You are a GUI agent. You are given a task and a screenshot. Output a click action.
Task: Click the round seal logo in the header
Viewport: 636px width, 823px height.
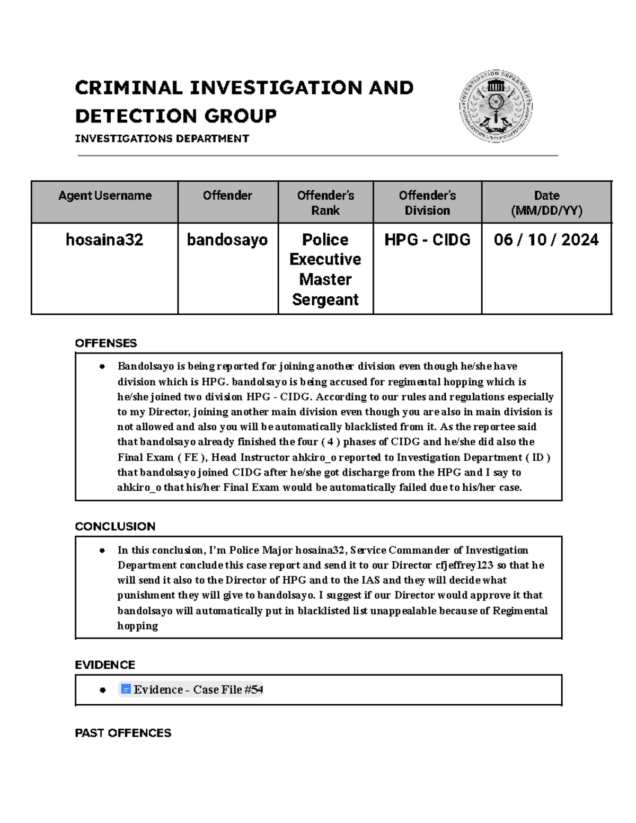496,107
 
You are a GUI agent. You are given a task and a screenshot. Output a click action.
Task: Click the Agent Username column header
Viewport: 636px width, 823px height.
105,196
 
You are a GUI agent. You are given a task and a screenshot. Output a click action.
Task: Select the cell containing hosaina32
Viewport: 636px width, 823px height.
104,240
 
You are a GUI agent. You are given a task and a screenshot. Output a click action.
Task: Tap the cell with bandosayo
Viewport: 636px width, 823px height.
227,240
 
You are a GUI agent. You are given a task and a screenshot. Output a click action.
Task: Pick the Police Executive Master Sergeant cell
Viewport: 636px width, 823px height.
325,269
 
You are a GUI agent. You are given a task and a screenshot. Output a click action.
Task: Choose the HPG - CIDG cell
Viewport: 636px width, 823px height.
427,240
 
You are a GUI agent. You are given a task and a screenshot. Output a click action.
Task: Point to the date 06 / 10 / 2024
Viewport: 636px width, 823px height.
546,240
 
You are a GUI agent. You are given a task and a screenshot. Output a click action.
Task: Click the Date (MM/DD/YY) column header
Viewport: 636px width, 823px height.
546,203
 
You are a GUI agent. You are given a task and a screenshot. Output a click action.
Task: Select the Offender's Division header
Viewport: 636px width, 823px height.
427,203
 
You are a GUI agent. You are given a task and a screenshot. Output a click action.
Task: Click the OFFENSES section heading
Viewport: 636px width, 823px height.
106,343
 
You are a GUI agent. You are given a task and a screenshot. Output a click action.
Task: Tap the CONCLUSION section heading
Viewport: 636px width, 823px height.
115,526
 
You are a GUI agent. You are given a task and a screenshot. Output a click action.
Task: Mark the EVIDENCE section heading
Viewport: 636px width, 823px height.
105,665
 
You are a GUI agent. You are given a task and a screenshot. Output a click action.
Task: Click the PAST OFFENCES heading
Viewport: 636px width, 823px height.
123,733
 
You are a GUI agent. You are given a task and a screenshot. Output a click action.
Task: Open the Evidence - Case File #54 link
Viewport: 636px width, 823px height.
198,689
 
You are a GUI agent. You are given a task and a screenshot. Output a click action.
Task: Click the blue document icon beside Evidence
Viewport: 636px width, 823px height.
126,689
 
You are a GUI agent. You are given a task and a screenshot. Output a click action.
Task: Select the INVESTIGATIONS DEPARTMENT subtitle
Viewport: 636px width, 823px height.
162,139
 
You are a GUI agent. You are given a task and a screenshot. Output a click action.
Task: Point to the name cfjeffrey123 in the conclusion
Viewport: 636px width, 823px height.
464,565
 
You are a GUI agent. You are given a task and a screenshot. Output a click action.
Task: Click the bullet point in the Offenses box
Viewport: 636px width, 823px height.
102,367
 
